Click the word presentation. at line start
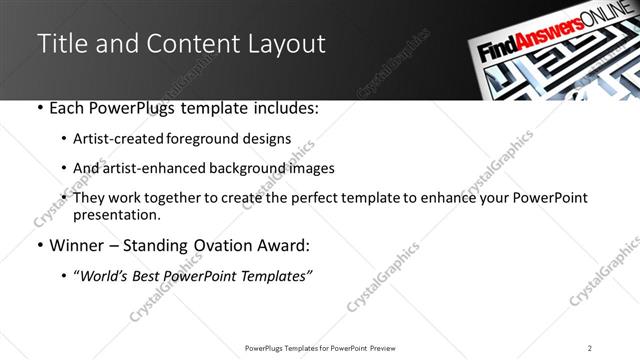click(x=116, y=215)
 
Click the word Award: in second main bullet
click(x=286, y=244)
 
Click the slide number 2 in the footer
click(x=590, y=348)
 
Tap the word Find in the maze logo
click(x=497, y=55)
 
